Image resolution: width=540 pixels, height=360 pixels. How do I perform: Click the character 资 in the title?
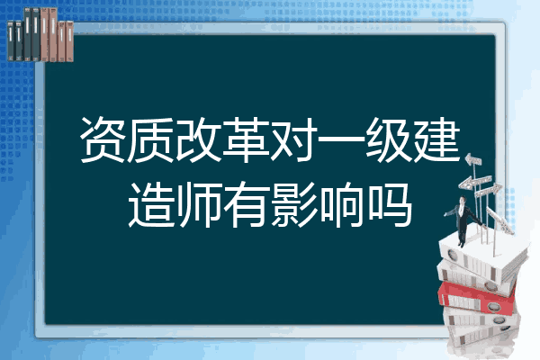coord(103,139)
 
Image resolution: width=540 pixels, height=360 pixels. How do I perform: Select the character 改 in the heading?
coord(198,139)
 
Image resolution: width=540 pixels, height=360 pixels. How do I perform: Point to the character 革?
coord(246,139)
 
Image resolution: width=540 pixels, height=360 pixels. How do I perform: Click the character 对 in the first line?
coord(293,139)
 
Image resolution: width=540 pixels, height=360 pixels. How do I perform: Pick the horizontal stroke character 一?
coord(341,139)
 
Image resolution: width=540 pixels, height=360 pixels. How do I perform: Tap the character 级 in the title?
coord(389,139)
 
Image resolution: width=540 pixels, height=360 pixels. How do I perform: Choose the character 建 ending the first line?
coord(436,139)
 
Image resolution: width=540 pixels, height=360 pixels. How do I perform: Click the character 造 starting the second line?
coord(151,204)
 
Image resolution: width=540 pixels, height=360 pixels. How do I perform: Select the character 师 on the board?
coord(198,204)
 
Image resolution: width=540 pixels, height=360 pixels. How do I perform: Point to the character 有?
coord(246,204)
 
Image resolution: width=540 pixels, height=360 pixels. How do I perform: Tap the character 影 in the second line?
coord(293,204)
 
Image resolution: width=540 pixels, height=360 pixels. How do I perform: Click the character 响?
coord(341,204)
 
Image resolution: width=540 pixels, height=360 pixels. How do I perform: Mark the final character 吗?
coord(389,204)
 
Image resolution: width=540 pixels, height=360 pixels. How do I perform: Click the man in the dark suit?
coord(463,220)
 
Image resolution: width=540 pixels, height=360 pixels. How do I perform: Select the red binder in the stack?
coord(476,297)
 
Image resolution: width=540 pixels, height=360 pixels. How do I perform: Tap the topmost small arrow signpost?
coord(473,159)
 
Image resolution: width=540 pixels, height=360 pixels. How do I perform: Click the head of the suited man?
coord(463,200)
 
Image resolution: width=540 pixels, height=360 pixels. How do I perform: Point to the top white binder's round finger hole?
coord(452,256)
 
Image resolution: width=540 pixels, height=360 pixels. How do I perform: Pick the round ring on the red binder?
coord(493,306)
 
